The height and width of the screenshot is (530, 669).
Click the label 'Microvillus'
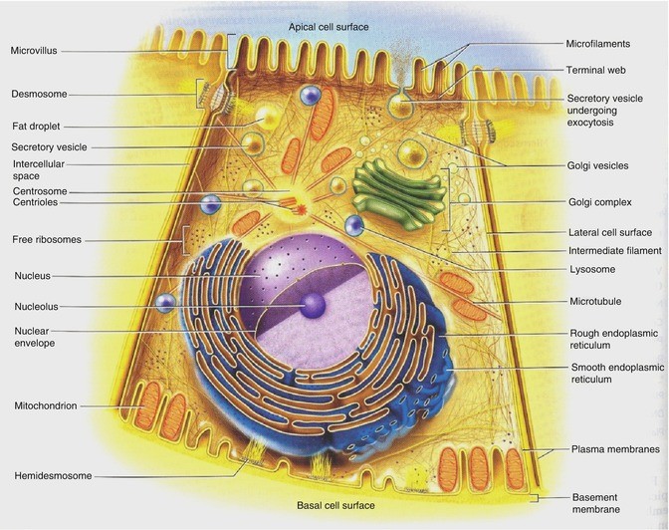37,50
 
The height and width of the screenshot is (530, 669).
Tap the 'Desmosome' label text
39,96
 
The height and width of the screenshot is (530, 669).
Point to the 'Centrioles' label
36,202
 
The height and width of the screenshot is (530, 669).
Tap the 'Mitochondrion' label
45,405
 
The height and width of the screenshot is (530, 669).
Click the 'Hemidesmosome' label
50,475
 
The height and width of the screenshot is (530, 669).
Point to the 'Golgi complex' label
598,201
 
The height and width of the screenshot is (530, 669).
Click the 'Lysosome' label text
591,269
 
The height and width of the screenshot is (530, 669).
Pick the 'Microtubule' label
596,300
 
